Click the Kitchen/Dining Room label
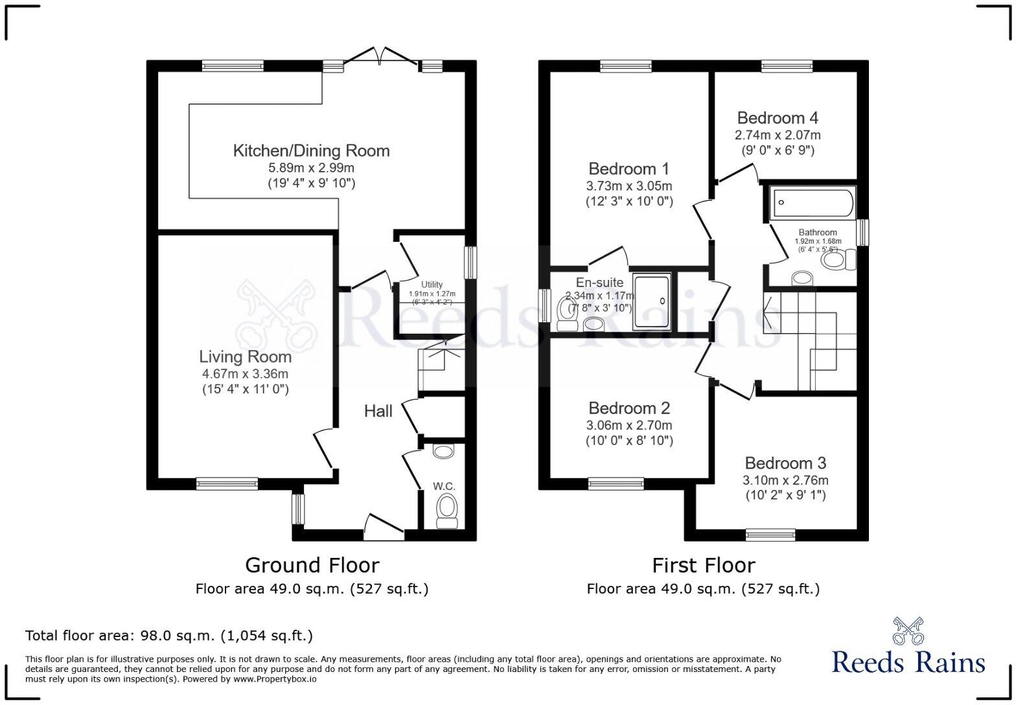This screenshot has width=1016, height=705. pos(311,151)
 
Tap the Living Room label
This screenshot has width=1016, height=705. pos(245,356)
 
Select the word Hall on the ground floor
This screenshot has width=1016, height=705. pos(378,411)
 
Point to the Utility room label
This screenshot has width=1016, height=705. pos(432,284)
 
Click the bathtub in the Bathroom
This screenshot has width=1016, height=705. pos(812,203)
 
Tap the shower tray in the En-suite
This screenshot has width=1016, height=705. pos(651,299)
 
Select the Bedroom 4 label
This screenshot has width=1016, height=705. pos(777,118)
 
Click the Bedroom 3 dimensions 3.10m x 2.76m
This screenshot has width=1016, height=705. pos(785,480)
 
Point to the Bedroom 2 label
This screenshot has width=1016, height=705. pos(629,408)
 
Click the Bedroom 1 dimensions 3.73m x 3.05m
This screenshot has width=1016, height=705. pos(629,186)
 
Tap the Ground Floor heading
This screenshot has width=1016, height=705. pos(312,565)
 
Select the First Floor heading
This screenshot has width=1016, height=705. pos(703,565)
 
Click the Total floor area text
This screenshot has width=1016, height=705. pos(168,635)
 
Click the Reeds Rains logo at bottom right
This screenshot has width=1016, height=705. pos(908,648)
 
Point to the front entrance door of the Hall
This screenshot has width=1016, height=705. pos(384,529)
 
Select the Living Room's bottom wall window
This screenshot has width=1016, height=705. pos(227,483)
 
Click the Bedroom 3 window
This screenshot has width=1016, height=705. pos(770,535)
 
